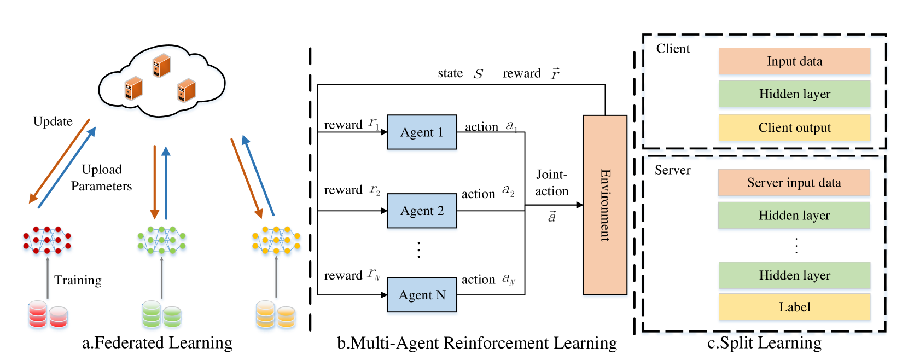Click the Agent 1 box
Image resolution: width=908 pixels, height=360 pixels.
[x=422, y=133]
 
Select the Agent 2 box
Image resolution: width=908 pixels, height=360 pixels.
[x=422, y=212]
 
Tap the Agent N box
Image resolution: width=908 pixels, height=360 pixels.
[x=422, y=296]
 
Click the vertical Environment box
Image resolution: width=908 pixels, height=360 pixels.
[x=605, y=206]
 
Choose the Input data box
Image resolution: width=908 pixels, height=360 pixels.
[x=794, y=61]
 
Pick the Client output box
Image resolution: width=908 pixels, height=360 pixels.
[x=794, y=127]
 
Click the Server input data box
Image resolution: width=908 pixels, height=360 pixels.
[x=794, y=183]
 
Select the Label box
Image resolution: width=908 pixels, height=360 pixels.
[x=794, y=307]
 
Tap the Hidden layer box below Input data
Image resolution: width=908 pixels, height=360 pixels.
[x=794, y=94]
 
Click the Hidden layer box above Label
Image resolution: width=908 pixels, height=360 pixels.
[x=794, y=275]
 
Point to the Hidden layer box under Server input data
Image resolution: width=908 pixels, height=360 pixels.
[x=794, y=216]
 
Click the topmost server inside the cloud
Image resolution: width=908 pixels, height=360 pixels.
[x=161, y=65]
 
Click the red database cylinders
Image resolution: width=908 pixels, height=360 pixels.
[x=48, y=316]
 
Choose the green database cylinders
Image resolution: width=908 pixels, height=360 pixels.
[x=162, y=316]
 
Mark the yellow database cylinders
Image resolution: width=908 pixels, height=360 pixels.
[x=276, y=316]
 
